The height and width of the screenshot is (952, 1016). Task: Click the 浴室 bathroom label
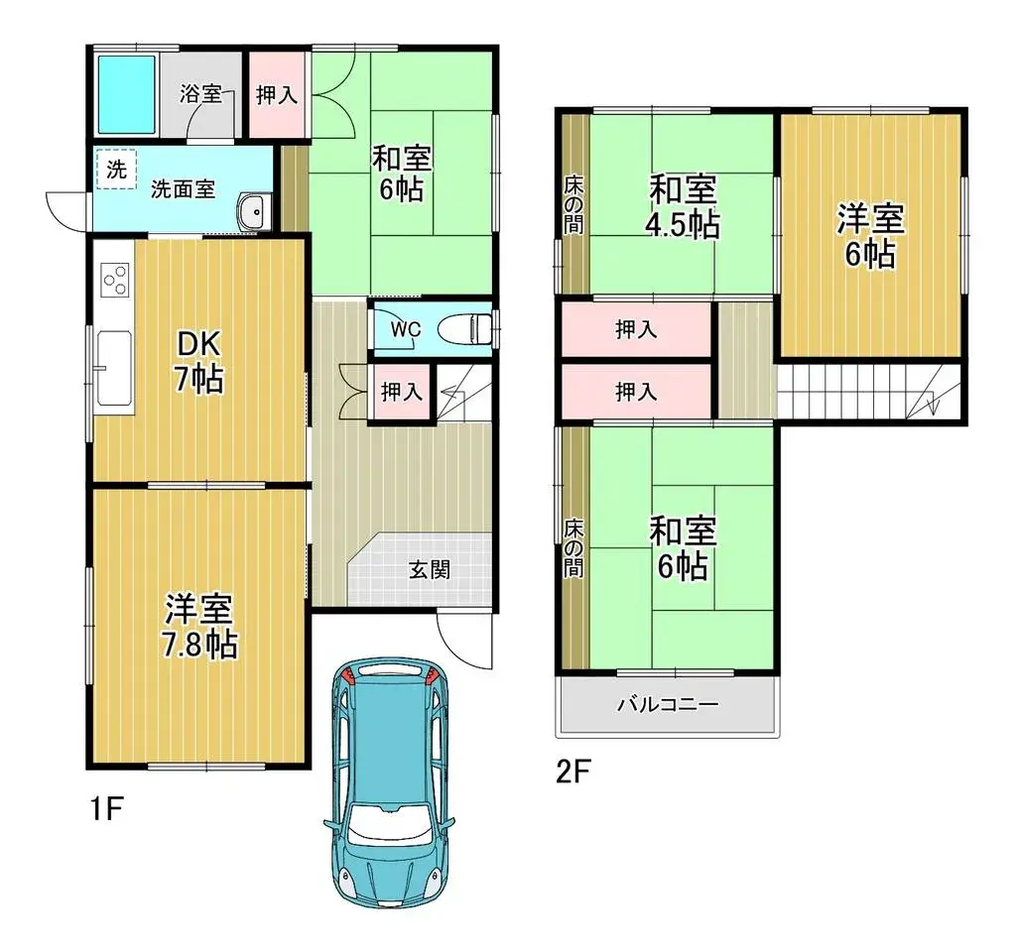point(200,94)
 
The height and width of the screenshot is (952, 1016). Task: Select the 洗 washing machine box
point(116,169)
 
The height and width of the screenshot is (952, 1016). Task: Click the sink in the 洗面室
point(254,210)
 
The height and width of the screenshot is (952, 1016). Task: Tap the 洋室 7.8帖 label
point(199,626)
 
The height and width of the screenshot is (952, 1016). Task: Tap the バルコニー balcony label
point(667,705)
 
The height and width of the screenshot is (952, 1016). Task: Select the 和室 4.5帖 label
point(684,206)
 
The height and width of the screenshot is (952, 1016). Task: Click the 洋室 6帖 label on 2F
point(869,236)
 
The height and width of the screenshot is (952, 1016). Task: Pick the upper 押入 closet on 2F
point(636,330)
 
